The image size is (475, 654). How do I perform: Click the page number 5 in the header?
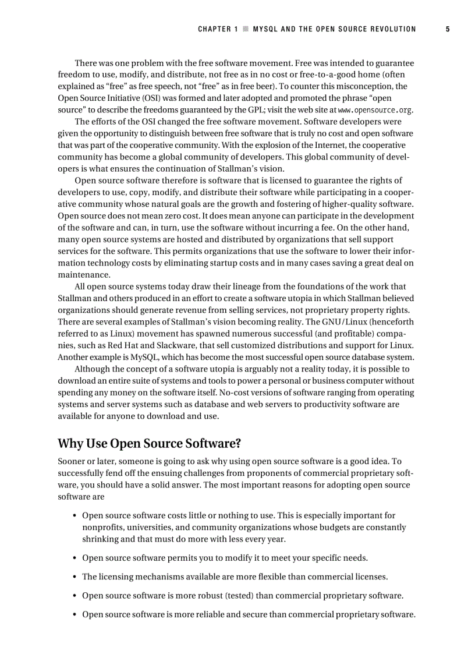[448, 29]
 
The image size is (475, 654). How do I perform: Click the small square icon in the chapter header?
[246, 29]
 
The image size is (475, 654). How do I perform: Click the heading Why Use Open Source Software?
[149, 444]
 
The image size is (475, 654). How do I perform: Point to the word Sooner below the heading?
[72, 461]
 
